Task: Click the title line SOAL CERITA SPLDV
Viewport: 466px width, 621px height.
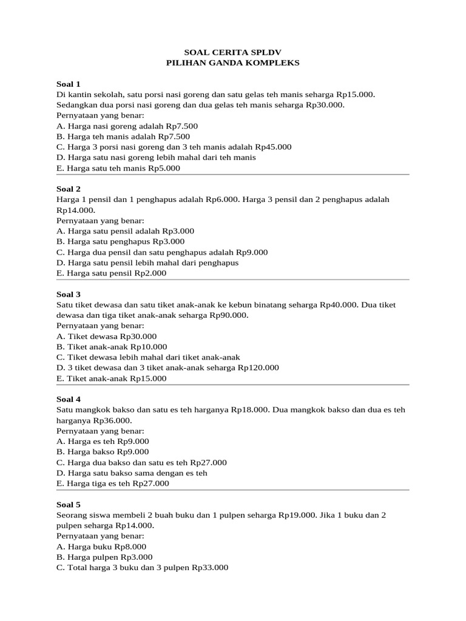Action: click(233, 53)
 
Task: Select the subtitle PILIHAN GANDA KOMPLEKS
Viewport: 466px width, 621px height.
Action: click(233, 63)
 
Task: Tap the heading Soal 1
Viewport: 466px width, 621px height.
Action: click(68, 84)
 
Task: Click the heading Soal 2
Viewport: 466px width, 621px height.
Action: click(68, 189)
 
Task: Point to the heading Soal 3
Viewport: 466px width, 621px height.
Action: click(68, 294)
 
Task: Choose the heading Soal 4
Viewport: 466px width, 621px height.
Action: click(68, 399)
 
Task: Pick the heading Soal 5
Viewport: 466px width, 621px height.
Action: click(68, 505)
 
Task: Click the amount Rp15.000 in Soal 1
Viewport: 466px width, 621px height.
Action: click(356, 95)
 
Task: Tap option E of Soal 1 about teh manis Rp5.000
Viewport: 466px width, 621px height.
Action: click(118, 168)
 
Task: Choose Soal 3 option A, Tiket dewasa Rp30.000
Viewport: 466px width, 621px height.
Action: click(106, 337)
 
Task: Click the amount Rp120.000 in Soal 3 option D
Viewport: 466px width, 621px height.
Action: click(258, 368)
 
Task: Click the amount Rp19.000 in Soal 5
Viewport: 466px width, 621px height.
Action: click(297, 515)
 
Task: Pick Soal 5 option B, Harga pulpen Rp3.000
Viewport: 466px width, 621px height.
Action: click(104, 557)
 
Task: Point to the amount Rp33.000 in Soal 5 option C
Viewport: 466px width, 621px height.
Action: click(210, 568)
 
